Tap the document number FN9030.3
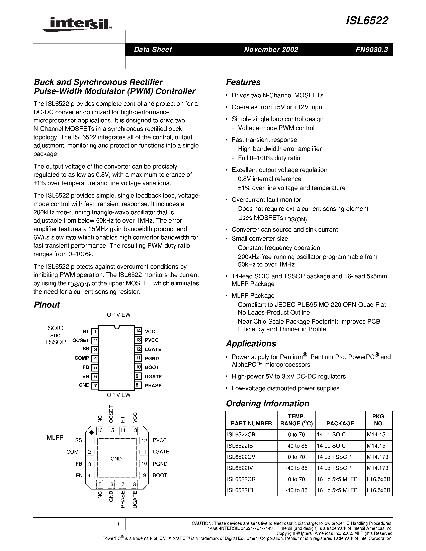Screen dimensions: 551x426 coord(371,49)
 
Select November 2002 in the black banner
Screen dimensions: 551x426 coord(271,49)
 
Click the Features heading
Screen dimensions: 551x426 coord(243,82)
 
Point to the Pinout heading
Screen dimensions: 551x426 coord(47,305)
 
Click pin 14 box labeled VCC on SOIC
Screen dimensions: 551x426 coord(138,331)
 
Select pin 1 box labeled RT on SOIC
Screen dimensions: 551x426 coord(95,331)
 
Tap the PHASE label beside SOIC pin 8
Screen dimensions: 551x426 coord(153,385)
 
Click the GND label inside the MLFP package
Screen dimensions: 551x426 coord(116,459)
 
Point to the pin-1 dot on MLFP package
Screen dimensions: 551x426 coord(92,432)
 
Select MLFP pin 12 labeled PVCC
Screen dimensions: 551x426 coord(144,440)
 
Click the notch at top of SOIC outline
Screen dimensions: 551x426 coord(117,327)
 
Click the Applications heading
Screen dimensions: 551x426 coord(251,344)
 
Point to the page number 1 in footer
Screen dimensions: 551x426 coord(118,524)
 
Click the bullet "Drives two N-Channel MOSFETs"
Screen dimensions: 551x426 coord(277,95)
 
